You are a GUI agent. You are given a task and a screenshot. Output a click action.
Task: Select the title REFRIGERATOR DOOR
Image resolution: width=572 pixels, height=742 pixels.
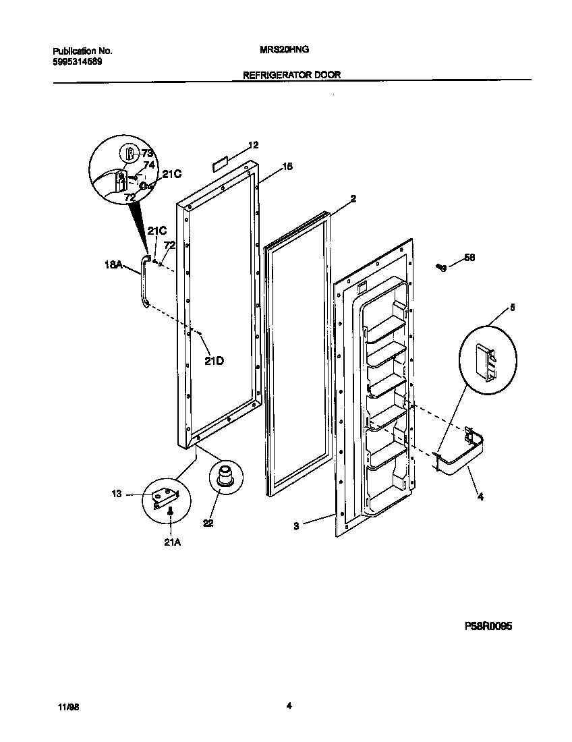[291, 76]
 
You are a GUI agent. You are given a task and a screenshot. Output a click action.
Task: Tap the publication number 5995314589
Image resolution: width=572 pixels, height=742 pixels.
[78, 62]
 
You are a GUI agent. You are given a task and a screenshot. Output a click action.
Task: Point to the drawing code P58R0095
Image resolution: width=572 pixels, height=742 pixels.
[488, 626]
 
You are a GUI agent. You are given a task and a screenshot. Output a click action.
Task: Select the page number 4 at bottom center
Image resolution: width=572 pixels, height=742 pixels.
[288, 706]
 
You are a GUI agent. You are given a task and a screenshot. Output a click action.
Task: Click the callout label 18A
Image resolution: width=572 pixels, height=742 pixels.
[113, 266]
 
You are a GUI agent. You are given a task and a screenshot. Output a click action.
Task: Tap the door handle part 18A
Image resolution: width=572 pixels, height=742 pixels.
[142, 283]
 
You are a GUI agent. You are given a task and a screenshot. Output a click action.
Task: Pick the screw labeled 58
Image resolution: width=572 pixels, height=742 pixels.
[442, 268]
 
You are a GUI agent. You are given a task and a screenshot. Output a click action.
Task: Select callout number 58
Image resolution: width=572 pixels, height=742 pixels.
[469, 258]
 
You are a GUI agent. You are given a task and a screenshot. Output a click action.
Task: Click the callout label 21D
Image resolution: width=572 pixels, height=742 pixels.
[214, 361]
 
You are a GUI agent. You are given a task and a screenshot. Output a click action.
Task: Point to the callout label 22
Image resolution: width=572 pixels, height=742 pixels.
[208, 521]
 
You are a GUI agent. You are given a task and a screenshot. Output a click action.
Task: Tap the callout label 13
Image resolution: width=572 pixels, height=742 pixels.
[116, 494]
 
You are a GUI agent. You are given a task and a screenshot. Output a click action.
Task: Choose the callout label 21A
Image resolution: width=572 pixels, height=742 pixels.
[171, 540]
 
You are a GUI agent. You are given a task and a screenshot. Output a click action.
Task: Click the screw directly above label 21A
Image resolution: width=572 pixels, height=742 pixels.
[171, 513]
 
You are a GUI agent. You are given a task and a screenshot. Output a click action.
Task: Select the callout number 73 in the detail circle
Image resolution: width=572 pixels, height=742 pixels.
[147, 153]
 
